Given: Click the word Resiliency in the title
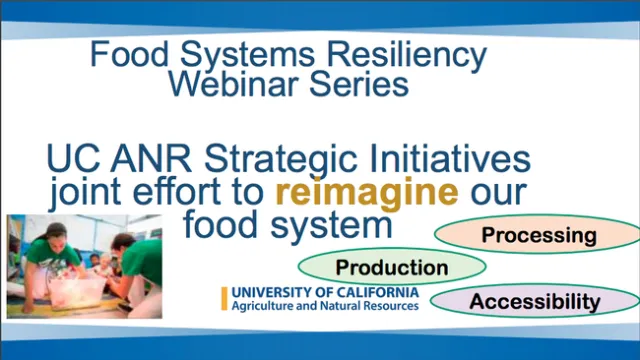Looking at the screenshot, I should [414, 52].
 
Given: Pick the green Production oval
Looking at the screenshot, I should [391, 267].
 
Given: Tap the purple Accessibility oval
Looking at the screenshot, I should [535, 301].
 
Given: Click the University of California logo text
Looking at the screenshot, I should [325, 292].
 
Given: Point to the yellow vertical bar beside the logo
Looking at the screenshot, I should [224, 298].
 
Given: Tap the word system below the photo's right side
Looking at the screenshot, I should [339, 223].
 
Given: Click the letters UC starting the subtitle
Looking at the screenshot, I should [68, 159].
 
